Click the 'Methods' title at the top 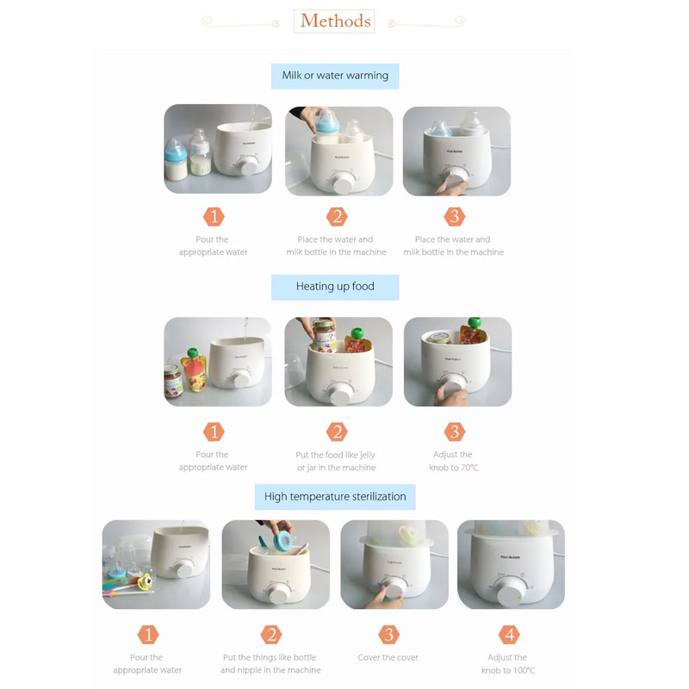(x=335, y=21)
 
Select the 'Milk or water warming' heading (x=335, y=76)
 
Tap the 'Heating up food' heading (x=335, y=287)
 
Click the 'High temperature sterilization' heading (x=335, y=497)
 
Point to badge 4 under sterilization (x=509, y=635)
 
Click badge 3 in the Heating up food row (x=455, y=431)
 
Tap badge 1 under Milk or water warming (x=214, y=217)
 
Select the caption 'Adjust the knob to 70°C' (x=454, y=461)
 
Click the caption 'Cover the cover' (x=388, y=657)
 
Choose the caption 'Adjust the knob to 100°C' (x=508, y=663)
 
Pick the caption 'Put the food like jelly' (x=335, y=455)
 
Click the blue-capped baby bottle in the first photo (x=176, y=160)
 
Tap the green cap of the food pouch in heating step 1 (x=192, y=353)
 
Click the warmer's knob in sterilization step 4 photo (x=510, y=592)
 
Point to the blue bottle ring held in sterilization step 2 (x=282, y=541)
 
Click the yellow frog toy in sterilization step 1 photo (x=145, y=581)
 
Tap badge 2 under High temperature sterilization (x=271, y=635)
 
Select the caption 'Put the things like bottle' (x=270, y=657)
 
